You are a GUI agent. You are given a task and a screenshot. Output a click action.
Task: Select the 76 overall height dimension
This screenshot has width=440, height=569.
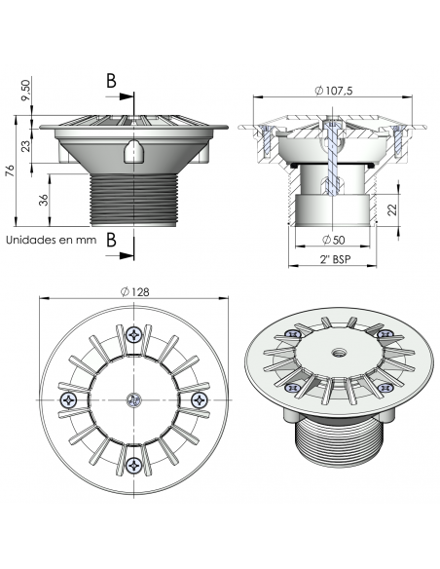(x=10, y=173)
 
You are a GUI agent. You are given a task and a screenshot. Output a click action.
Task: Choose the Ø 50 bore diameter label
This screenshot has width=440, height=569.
(x=332, y=239)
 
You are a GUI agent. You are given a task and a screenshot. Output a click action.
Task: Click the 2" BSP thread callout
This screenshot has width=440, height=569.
(x=332, y=260)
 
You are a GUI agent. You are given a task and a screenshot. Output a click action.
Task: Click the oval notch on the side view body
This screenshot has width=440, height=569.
(x=132, y=151)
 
